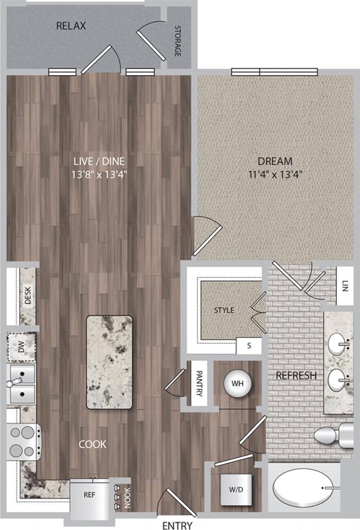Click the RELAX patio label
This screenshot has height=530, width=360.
coord(71,26)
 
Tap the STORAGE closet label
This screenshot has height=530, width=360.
coord(177,42)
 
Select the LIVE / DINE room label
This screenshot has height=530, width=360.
coord(98,161)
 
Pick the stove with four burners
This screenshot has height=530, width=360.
coord(24,441)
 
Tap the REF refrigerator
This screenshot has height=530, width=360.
coord(88,495)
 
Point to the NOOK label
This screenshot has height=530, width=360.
coord(127,494)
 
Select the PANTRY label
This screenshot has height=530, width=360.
coord(199,384)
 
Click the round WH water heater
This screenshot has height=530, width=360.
coord(238,383)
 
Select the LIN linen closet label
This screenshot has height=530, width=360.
coord(344,286)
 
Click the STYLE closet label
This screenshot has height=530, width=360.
coord(224,309)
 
